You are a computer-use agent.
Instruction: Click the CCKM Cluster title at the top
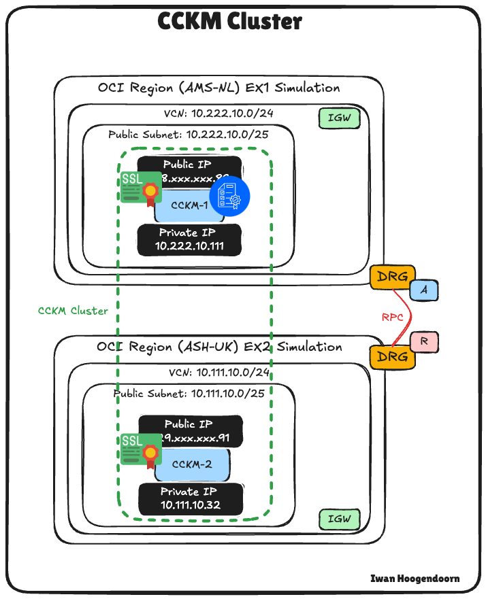pos(229,21)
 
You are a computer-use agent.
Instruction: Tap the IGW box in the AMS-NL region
pos(339,119)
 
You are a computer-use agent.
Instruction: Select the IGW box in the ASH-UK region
pos(339,519)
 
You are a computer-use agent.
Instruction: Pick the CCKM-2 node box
pos(192,465)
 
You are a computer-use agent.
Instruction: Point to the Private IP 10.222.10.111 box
pos(189,239)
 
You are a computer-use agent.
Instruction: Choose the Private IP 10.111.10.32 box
pos(190,499)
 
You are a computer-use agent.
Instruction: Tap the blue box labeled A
pos(425,290)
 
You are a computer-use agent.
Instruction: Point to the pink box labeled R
pos(424,342)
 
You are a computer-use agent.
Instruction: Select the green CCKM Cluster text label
pos(73,311)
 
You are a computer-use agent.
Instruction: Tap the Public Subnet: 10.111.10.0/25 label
pos(189,393)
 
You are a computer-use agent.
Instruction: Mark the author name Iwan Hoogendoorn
pos(415,579)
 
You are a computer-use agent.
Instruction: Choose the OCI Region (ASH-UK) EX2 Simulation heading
pos(219,347)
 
